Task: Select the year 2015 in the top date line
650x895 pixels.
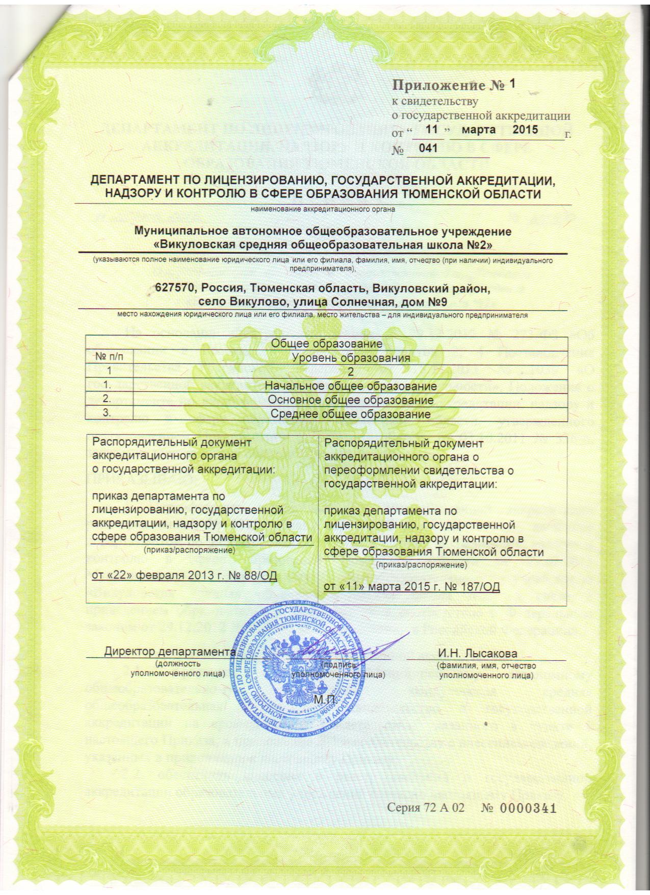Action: coord(525,130)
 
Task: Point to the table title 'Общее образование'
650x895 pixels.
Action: coord(326,344)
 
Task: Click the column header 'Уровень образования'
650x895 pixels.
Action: coord(351,358)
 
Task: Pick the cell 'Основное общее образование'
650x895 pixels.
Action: coord(351,400)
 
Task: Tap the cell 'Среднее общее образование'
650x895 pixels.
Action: coord(350,414)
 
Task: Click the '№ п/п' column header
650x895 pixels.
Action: coord(109,357)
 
